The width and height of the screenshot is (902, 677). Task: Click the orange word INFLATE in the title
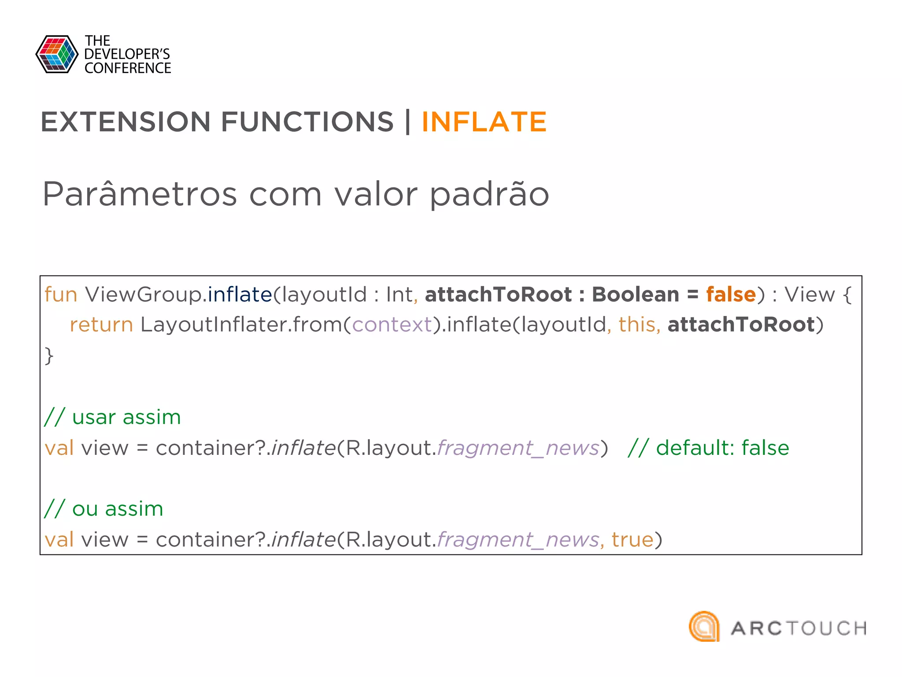coord(484,122)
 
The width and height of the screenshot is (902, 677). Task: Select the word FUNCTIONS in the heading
coord(307,122)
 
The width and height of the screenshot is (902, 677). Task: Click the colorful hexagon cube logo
coord(57,54)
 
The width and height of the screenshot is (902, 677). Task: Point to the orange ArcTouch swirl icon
coord(704,626)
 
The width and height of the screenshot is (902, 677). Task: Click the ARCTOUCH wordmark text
coord(798,629)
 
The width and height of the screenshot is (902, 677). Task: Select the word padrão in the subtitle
coord(489,195)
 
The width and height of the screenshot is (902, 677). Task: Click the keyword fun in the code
coord(61,294)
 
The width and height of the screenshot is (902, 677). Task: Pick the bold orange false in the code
coord(731,294)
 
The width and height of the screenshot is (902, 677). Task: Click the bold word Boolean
coord(635,294)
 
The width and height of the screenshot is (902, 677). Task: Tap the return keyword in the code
coord(101,325)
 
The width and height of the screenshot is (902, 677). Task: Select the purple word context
coord(392,325)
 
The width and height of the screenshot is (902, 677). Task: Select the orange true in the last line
coord(632,539)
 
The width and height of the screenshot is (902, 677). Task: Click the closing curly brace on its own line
coord(49,355)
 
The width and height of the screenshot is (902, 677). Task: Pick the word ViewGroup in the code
coord(143,294)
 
